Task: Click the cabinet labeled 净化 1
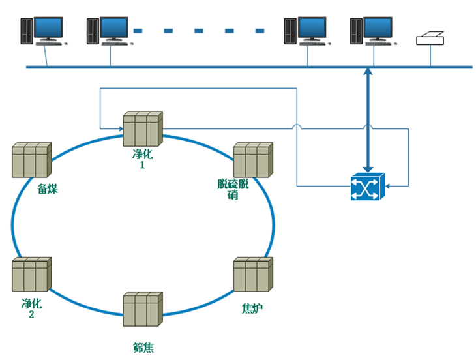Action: [x=142, y=128]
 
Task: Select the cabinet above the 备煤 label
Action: [x=31, y=160]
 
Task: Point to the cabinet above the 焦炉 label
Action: [x=252, y=274]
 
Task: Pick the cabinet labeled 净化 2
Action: [x=31, y=275]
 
